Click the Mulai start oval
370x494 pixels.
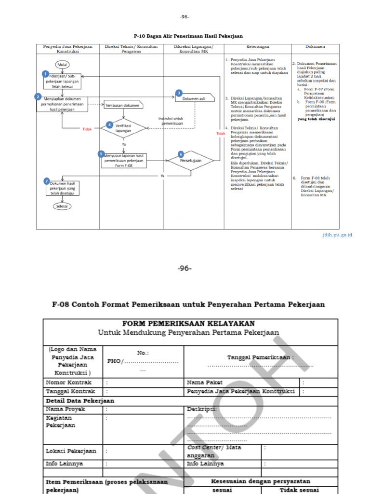[x=62, y=64]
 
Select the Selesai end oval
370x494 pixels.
[x=62, y=206]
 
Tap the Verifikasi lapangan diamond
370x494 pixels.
[x=123, y=128]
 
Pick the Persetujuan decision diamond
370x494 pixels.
[x=190, y=160]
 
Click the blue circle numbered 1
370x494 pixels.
[x=45, y=74]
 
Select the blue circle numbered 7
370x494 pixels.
[x=47, y=181]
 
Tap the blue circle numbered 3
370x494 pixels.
[x=179, y=93]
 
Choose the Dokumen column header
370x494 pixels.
[x=315, y=47]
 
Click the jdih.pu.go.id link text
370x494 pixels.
[x=337, y=235]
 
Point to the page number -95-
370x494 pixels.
[x=185, y=17]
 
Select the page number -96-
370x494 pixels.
[x=185, y=269]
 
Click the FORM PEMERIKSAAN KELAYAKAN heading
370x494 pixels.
[x=188, y=323]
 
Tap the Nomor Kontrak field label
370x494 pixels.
[x=69, y=382]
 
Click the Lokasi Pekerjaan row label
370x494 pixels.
[x=71, y=451]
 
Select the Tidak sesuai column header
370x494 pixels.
[x=299, y=490]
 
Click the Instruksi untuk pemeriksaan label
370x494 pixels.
[x=172, y=121]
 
